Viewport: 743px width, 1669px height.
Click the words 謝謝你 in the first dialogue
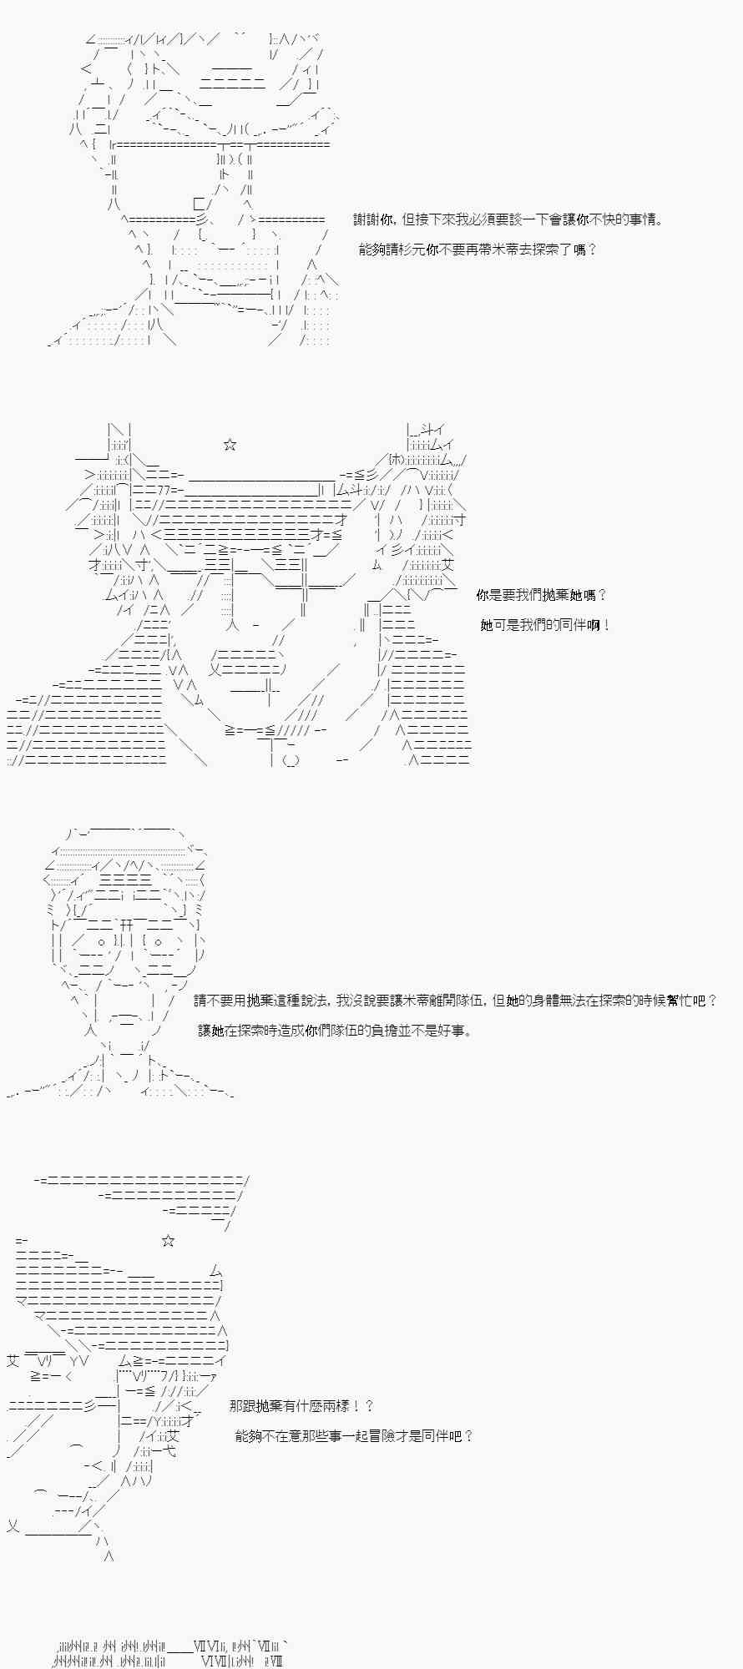coord(373,219)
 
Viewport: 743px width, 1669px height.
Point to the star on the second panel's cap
coord(230,445)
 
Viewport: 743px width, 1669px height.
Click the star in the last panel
coord(168,1241)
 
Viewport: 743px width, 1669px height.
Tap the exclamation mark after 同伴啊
coord(607,625)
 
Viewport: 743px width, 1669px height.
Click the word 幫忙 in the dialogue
coord(680,1001)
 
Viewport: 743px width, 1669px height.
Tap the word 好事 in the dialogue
coord(454,1031)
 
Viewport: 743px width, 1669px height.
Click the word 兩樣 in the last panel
coord(338,1406)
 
